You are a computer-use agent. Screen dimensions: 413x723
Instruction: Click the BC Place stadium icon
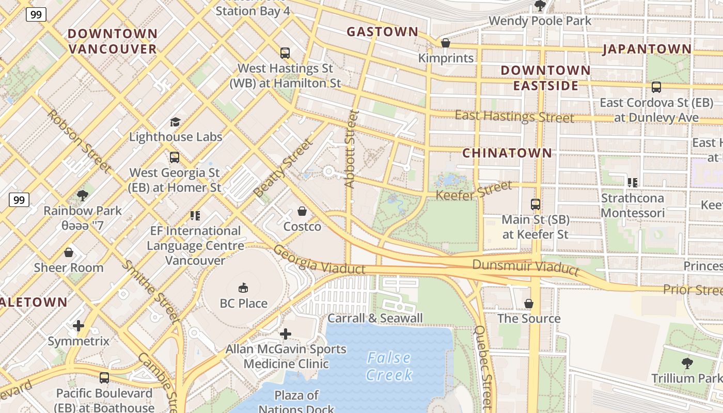point(243,288)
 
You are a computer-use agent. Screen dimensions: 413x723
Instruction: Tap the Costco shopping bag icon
point(302,211)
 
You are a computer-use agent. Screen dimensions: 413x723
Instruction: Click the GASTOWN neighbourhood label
point(382,32)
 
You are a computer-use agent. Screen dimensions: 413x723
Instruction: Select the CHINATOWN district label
point(507,153)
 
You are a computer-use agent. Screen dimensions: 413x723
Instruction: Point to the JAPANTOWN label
point(647,50)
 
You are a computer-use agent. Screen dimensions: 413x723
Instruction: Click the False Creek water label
point(389,366)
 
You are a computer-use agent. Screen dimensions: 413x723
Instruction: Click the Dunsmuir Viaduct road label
point(526,267)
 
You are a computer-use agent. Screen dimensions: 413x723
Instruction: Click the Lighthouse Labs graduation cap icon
point(175,122)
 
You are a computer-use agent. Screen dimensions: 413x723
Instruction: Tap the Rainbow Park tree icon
point(82,195)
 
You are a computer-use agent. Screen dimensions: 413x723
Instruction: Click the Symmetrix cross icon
point(78,326)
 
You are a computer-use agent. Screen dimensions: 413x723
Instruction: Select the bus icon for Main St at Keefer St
point(536,204)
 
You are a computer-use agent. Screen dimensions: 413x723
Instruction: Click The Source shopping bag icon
point(528,303)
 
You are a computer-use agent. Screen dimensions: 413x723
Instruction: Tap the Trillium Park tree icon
point(687,363)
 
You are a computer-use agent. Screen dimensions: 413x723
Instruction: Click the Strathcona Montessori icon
point(632,182)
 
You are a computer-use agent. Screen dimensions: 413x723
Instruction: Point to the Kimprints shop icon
point(445,43)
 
